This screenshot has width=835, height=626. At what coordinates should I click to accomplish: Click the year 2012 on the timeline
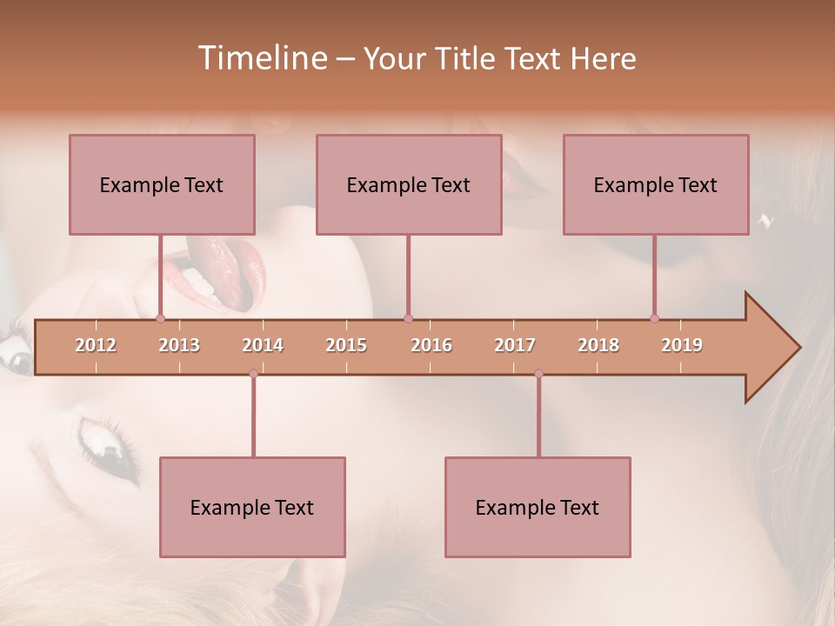pyautogui.click(x=96, y=345)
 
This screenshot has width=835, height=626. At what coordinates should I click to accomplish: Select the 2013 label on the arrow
pyautogui.click(x=179, y=345)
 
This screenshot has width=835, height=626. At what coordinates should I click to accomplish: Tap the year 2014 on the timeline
pyautogui.click(x=263, y=345)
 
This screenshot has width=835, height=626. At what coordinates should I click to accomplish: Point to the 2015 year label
pyautogui.click(x=346, y=345)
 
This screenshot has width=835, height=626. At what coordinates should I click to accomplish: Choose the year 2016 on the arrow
pyautogui.click(x=431, y=345)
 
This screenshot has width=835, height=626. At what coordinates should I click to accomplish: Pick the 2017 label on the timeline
pyautogui.click(x=515, y=345)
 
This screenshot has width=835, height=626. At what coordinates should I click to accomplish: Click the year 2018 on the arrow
pyautogui.click(x=598, y=345)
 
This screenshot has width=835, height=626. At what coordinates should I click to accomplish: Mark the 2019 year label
pyautogui.click(x=682, y=345)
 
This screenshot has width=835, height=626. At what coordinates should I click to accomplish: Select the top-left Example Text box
pyautogui.click(x=162, y=184)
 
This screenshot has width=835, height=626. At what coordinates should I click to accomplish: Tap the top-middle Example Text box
pyautogui.click(x=409, y=184)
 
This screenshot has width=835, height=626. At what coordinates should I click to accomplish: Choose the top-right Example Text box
pyautogui.click(x=656, y=184)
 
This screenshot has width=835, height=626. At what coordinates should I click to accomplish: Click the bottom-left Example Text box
pyautogui.click(x=252, y=507)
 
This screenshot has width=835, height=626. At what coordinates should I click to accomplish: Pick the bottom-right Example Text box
pyautogui.click(x=538, y=507)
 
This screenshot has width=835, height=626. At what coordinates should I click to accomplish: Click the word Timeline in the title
pyautogui.click(x=262, y=58)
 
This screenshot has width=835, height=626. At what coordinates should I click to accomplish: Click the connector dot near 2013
pyautogui.click(x=160, y=319)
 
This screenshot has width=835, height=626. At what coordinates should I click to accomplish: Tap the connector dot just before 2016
pyautogui.click(x=408, y=319)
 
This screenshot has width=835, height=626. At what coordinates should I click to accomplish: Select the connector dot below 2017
pyautogui.click(x=538, y=374)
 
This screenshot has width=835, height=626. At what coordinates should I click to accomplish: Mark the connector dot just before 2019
pyautogui.click(x=654, y=319)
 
